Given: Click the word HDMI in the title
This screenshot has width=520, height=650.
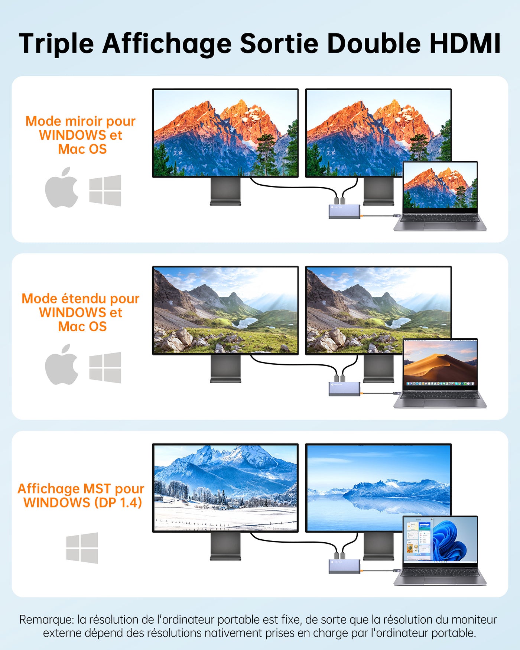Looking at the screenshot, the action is coord(465,43).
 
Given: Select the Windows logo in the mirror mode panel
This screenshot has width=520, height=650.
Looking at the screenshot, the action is coord(105,190).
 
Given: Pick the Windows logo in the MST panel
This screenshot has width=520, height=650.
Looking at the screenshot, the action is coord(82,548).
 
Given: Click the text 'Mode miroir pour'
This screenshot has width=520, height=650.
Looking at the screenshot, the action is coord(81,121).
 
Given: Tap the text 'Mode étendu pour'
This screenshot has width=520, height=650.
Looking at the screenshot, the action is coord(81,299).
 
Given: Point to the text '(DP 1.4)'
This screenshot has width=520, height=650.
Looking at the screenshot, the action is coord(118,503).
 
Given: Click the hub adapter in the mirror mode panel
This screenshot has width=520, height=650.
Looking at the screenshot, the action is coord(344,211).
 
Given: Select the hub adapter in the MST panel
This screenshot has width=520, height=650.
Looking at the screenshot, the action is coord(344,566).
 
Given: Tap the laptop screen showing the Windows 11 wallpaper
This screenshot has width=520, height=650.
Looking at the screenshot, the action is coord(440,539).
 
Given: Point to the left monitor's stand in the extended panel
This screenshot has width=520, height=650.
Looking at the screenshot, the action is coord(225,369).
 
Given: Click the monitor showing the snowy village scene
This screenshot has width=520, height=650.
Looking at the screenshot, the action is coord(225,488).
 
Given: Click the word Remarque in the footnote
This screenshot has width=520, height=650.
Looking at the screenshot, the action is coord(46,620).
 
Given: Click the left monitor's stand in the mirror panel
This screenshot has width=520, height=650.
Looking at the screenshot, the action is coord(225,191).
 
